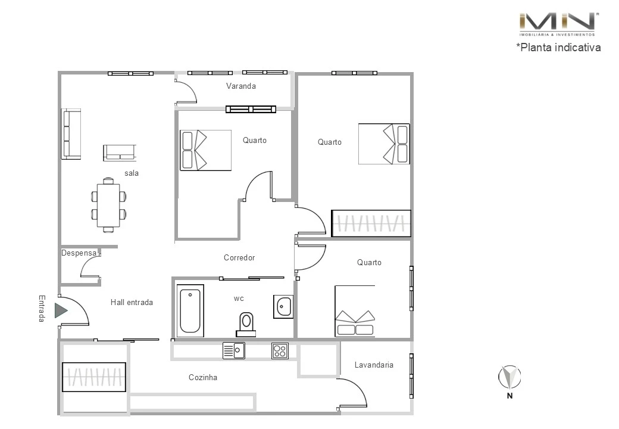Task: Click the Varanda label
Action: pyautogui.click(x=241, y=86)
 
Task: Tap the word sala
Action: pyautogui.click(x=132, y=173)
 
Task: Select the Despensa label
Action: pyautogui.click(x=79, y=253)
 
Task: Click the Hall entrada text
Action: pyautogui.click(x=132, y=302)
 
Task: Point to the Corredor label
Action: pyautogui.click(x=239, y=257)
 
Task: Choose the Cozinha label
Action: pyautogui.click(x=203, y=377)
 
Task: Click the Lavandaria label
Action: pyautogui.click(x=374, y=365)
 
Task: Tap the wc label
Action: pyautogui.click(x=239, y=298)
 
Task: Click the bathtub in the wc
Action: pyautogui.click(x=190, y=310)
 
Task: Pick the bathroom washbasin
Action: pyautogui.click(x=283, y=306)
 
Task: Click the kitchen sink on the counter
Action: pyautogui.click(x=234, y=351)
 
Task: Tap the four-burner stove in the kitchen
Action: pyautogui.click(x=280, y=351)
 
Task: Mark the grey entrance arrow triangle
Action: pyautogui.click(x=61, y=310)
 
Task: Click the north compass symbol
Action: pyautogui.click(x=509, y=377)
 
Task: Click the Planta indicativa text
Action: pyautogui.click(x=558, y=47)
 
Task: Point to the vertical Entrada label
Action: pyautogui.click(x=42, y=309)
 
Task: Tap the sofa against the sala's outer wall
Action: pyautogui.click(x=71, y=133)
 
